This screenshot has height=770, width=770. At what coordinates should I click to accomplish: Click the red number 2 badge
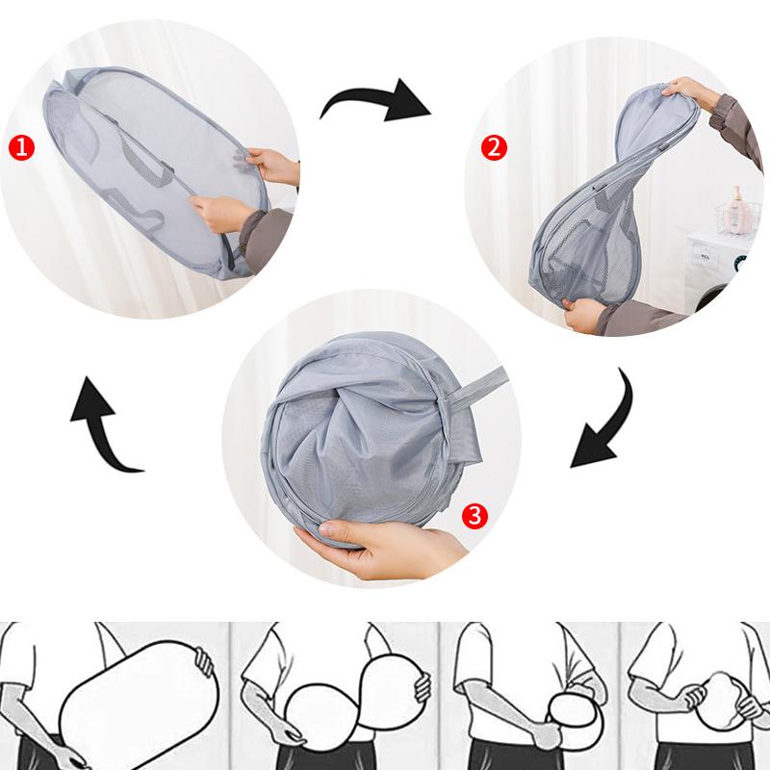click(x=493, y=147)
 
